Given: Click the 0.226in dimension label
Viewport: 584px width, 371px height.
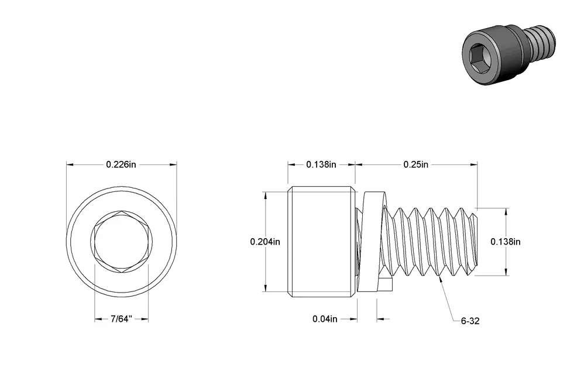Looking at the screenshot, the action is tap(121, 164).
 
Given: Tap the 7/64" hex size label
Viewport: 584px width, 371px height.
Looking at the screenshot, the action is tap(121, 320).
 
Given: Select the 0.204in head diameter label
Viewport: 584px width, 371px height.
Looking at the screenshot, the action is tap(265, 242).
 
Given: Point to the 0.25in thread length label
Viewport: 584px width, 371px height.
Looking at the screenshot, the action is tap(416, 164).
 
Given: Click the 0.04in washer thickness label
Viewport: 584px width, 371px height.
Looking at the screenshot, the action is tap(325, 320).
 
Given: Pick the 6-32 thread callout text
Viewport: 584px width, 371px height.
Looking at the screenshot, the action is tap(470, 321).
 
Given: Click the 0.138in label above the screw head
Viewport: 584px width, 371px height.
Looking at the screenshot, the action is tap(321, 164).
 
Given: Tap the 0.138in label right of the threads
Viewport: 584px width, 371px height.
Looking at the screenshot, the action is tap(506, 242).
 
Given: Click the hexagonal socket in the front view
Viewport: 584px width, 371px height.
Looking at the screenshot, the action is tap(121, 241).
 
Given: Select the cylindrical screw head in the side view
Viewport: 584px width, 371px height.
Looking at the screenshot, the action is tap(321, 241).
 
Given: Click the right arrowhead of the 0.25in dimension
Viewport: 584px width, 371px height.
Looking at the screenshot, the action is tap(474, 164).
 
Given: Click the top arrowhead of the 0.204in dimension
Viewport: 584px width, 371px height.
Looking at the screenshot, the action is tap(265, 196).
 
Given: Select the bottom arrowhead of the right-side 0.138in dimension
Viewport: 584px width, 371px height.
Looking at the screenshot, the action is tap(506, 272).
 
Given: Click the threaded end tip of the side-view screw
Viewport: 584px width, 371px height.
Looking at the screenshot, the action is tap(476, 241).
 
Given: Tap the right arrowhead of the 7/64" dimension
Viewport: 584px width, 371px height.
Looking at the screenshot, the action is tap(145, 320).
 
